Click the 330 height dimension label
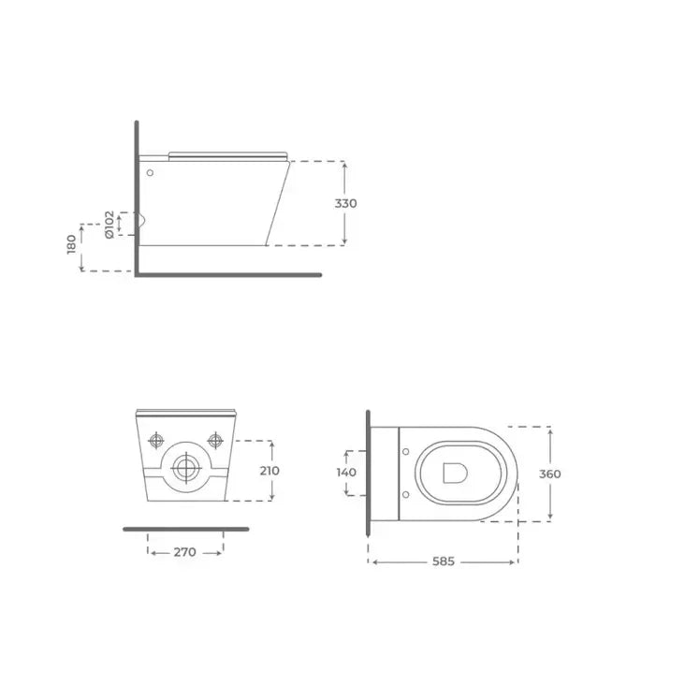(x=346, y=203)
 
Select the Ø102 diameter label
(x=109, y=225)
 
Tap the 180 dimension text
(x=72, y=245)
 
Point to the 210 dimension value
(x=270, y=470)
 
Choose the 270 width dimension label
(x=185, y=552)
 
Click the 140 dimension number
(x=345, y=472)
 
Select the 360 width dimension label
(x=549, y=474)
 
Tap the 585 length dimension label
(x=443, y=561)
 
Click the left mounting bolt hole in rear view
(x=156, y=440)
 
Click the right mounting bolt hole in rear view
(x=216, y=439)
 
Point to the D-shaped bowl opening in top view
(x=456, y=473)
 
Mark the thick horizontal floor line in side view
(x=229, y=275)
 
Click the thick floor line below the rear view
(x=185, y=529)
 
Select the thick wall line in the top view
(x=369, y=474)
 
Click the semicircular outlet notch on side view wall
(x=142, y=222)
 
